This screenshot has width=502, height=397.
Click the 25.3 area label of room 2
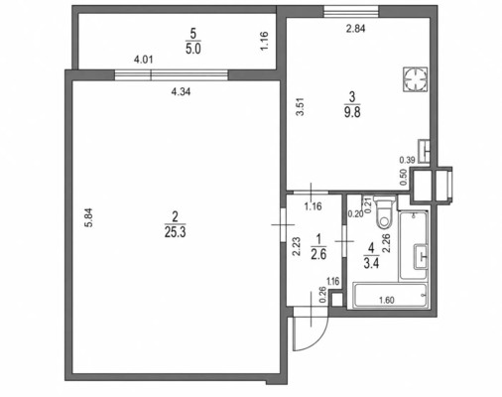point(176,233)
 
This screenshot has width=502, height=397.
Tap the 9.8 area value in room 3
point(352,113)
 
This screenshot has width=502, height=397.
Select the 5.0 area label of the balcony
point(193,50)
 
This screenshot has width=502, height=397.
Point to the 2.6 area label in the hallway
point(318,254)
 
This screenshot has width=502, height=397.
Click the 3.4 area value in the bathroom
point(371,264)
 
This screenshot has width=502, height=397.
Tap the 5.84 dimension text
point(89,217)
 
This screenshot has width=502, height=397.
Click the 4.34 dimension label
point(181,91)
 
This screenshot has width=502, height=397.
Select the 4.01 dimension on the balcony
point(143,60)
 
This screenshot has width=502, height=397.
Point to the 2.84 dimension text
point(355,29)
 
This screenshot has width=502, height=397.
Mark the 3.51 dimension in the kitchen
point(300,107)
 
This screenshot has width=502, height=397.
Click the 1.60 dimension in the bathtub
point(387,300)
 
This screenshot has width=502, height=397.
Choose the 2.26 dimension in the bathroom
point(387,243)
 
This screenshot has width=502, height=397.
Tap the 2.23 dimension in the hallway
point(296,246)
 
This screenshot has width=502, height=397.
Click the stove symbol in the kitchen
point(415,79)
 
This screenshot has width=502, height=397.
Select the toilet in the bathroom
point(385,211)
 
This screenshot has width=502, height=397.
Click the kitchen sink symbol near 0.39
point(424,152)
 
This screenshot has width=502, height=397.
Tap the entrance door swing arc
point(318,338)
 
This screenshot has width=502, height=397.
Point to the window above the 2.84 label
point(351,11)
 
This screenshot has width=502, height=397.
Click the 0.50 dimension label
point(403,178)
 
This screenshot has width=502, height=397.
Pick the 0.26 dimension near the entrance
point(322,295)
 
